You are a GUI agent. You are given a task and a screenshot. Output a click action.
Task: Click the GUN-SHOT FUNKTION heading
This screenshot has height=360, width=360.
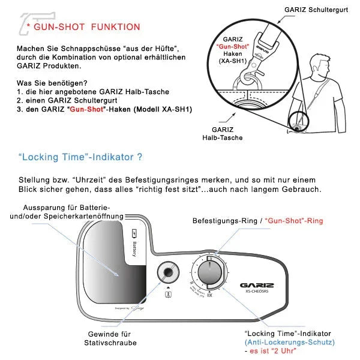pyautogui.click(x=87, y=27)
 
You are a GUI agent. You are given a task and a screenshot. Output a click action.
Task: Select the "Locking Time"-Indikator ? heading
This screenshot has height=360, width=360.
pyautogui.click(x=80, y=158)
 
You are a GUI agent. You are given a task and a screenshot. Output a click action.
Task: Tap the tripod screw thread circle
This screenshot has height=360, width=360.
pyautogui.click(x=167, y=274)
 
